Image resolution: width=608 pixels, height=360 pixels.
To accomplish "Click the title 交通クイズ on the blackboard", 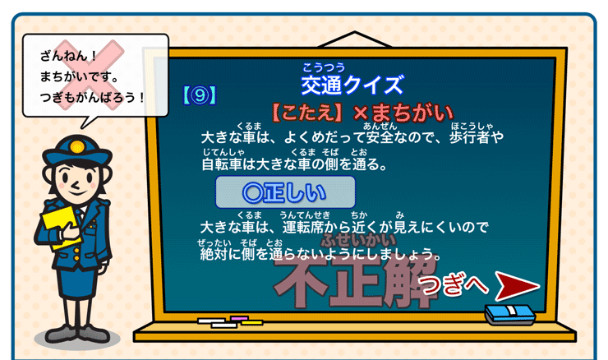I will coord(352,85).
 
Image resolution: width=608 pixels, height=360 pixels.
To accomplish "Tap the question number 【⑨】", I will coord(198,95).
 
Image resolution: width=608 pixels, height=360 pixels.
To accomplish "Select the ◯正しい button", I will coord(285,192).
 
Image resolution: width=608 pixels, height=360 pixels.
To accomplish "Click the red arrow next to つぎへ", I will coord(516,287).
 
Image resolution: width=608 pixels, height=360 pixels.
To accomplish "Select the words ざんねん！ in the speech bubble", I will coord(69,58).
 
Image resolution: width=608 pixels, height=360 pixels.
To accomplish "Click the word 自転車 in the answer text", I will coord(223,164).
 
